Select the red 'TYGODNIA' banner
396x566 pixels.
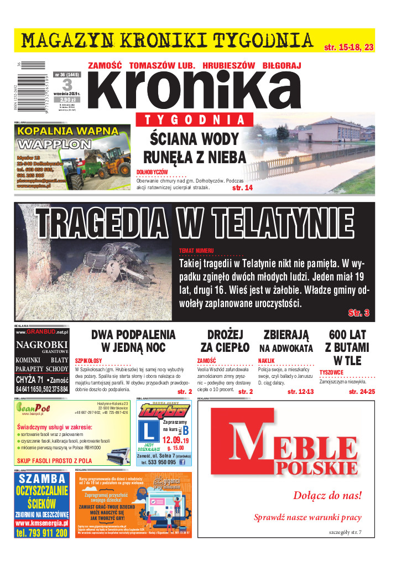pyautogui.click(x=194, y=120)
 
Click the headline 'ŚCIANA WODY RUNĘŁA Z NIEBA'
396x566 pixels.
pyautogui.click(x=194, y=148)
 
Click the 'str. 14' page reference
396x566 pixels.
pyautogui.click(x=242, y=188)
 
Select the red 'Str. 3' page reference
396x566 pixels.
pyautogui.click(x=358, y=313)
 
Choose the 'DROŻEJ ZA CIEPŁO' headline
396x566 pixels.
pyautogui.click(x=225, y=341)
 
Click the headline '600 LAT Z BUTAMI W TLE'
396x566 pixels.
pyautogui.click(x=347, y=347)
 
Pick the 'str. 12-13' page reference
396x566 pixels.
pyautogui.click(x=300, y=392)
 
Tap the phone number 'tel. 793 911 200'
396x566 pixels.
pyautogui.click(x=42, y=533)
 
